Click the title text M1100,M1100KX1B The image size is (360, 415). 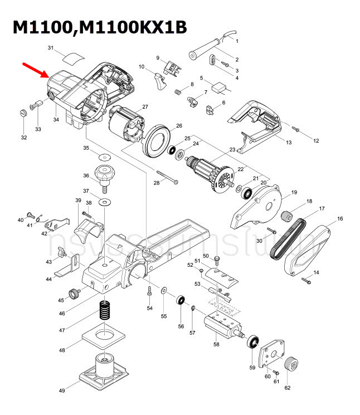click(100, 27)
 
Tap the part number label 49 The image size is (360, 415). click(62, 390)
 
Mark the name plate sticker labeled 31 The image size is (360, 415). click(72, 55)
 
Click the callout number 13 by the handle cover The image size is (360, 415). click(289, 143)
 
